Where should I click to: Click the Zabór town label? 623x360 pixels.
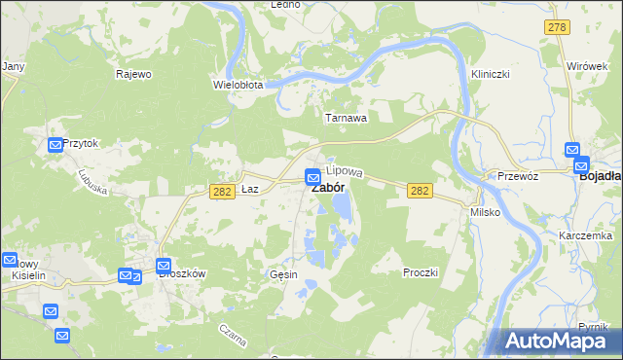[x=326, y=188]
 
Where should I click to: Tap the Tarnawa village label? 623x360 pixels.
[x=346, y=119]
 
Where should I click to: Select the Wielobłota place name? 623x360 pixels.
[x=238, y=85]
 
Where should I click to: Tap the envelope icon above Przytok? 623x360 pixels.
[x=55, y=145]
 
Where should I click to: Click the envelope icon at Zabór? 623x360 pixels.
[x=312, y=177]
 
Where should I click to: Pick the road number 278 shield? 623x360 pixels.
[x=557, y=28]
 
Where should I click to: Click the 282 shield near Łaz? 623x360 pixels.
[x=222, y=192]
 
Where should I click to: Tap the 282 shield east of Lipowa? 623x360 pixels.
[x=420, y=192]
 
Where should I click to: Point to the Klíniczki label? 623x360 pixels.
[x=491, y=74]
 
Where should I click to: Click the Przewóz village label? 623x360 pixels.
[x=518, y=176]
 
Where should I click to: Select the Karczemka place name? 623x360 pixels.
[x=585, y=236]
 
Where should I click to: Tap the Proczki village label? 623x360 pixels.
[x=421, y=272]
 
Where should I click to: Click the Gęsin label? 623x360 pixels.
[x=283, y=274]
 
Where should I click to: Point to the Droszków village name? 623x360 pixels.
[x=182, y=274]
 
